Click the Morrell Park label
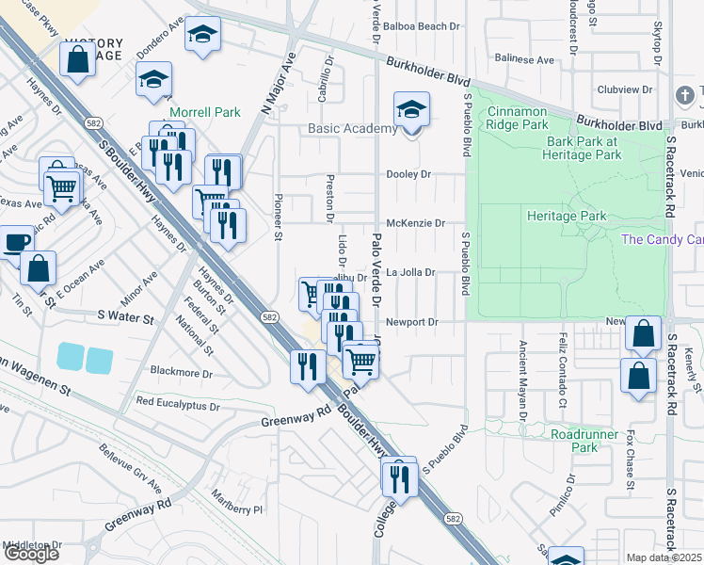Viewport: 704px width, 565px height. [204, 112]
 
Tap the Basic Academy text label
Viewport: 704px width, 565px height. [352, 129]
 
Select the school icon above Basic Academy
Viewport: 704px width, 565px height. [411, 111]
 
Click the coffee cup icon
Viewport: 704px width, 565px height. [14, 241]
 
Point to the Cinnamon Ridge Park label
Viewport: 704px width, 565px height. [530, 118]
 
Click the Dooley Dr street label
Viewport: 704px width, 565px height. [408, 174]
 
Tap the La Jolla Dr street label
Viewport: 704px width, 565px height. [411, 273]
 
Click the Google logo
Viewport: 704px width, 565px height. [31, 554]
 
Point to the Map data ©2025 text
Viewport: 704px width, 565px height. [664, 557]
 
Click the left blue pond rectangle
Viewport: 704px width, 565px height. [70, 357]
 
